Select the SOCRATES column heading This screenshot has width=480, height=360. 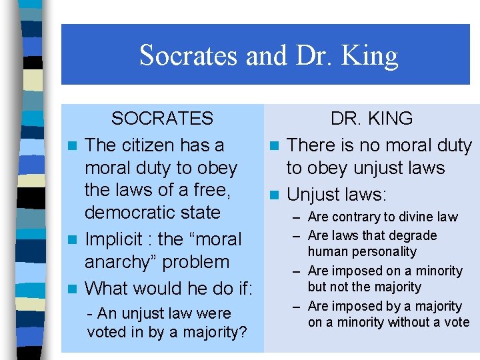point(162,119)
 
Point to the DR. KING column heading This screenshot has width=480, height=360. point(372,119)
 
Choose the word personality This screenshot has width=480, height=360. point(385,251)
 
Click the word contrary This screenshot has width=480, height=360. point(357,217)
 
